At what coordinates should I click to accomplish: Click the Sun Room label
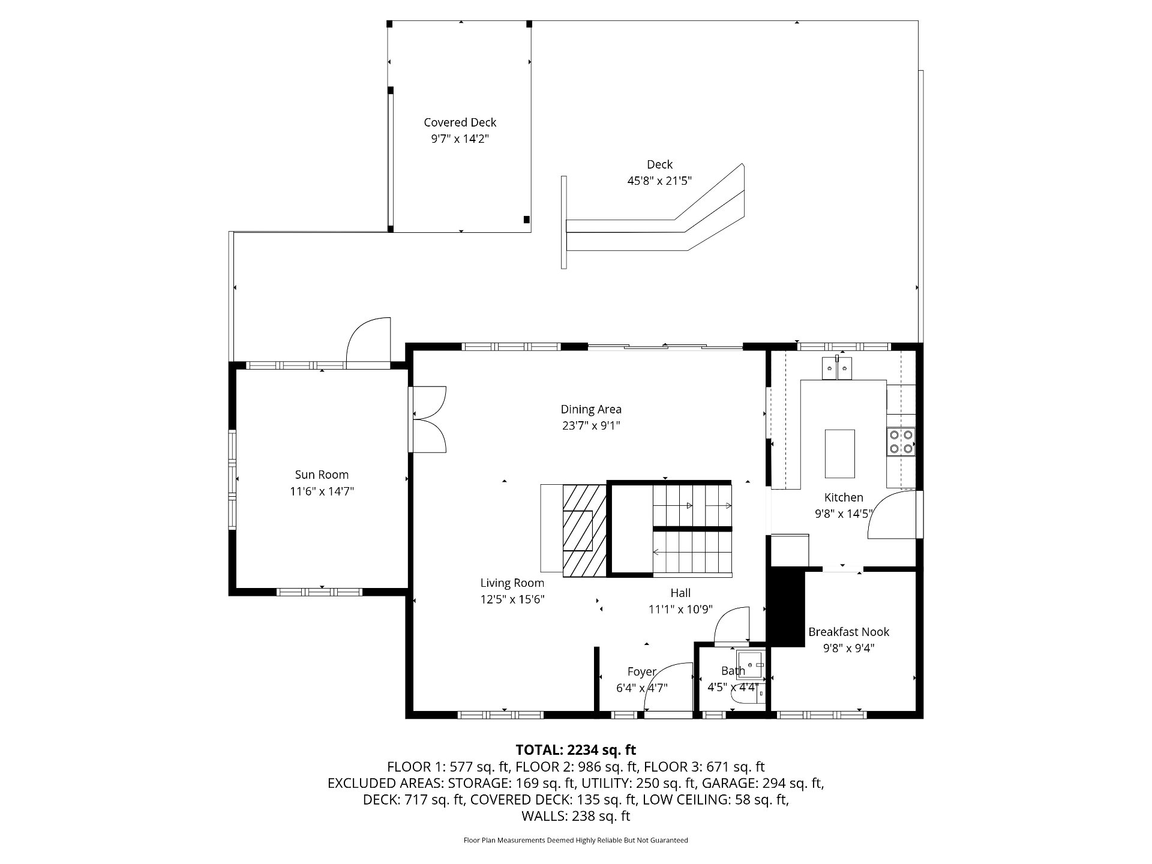tap(322, 475)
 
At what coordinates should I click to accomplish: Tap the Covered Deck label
tap(460, 122)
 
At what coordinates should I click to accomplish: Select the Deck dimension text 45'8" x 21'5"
tap(659, 181)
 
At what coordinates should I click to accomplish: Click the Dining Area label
tap(591, 409)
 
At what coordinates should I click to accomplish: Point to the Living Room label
tap(512, 583)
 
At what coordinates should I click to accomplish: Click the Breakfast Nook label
tap(848, 632)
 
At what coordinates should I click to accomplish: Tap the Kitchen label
tap(844, 497)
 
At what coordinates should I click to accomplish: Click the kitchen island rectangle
tap(840, 453)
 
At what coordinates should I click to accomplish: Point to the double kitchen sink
tap(837, 368)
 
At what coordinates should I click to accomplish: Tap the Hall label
tap(680, 593)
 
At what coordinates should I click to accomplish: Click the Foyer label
tap(642, 672)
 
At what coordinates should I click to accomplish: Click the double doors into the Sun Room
tap(427, 419)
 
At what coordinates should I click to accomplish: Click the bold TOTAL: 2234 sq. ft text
tap(576, 750)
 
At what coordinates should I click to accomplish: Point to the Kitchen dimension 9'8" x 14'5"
tap(843, 514)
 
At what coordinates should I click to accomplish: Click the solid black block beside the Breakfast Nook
tap(787, 607)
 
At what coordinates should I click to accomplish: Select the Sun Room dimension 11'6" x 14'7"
tap(322, 491)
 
